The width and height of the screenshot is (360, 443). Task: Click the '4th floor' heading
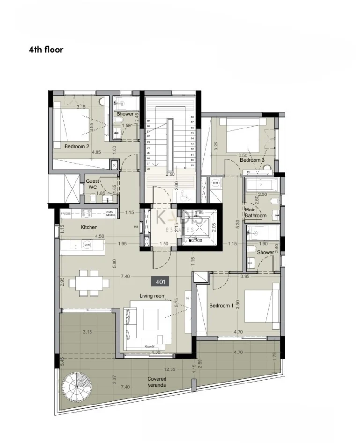[x=46, y=49]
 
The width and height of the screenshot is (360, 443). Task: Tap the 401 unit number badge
[x=160, y=282]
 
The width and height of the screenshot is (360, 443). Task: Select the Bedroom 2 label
[x=77, y=146]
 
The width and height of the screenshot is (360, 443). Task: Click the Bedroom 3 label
[x=252, y=160]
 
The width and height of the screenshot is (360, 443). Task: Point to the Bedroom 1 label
[x=221, y=306]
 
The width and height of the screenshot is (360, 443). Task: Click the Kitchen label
[x=89, y=227]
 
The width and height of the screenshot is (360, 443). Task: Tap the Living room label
[x=153, y=296]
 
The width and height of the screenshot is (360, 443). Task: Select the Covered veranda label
[x=157, y=382]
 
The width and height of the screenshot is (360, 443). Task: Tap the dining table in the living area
[x=90, y=283]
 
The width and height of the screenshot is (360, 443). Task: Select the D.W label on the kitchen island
[x=87, y=244]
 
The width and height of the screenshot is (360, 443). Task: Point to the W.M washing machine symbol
[x=216, y=182]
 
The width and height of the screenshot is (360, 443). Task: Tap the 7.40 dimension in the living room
[x=125, y=277]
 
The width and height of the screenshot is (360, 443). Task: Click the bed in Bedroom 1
[x=261, y=306]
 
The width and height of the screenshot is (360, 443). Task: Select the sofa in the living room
[x=129, y=323]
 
